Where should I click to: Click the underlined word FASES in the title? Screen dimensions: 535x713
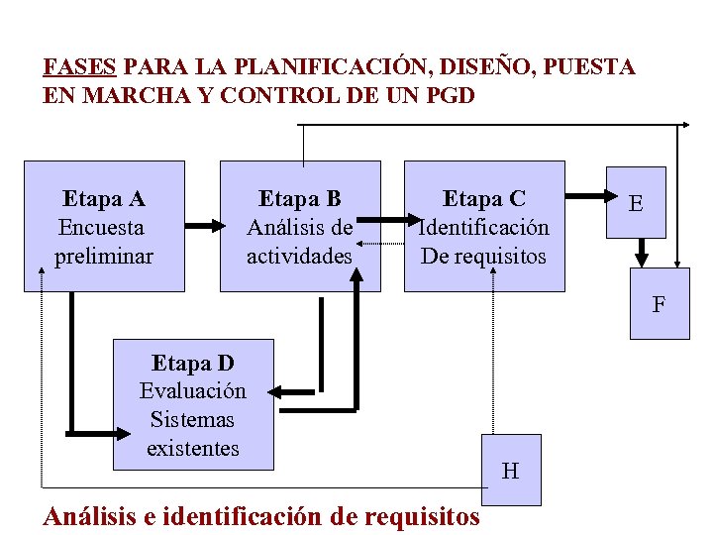pos(80,67)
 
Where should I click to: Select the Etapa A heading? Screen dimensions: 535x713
pos(104,198)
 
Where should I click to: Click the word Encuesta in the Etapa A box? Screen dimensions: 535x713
pos(102,227)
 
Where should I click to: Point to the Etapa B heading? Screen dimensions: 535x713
pos(299,198)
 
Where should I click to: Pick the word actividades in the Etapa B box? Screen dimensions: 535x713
pos(299,256)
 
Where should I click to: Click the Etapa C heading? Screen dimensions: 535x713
pos(484,198)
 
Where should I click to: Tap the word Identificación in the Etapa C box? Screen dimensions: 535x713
pos(484,227)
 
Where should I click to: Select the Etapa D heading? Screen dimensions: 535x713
pos(193,362)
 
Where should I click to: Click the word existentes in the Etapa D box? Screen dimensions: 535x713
pos(193,448)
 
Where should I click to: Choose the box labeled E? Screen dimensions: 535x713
pos(636,204)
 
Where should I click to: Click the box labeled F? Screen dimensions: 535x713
pos(660,304)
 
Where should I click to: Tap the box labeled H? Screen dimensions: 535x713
pos(510,471)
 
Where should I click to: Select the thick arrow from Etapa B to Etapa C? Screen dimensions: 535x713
pos(391,226)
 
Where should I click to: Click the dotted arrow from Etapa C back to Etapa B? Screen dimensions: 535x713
pos(381,241)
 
